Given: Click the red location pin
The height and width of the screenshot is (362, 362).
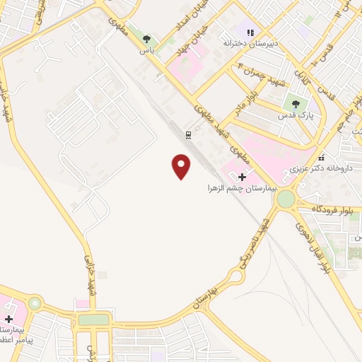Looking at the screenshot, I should click(182, 167).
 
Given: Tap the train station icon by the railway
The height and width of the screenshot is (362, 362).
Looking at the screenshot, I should click(189, 134).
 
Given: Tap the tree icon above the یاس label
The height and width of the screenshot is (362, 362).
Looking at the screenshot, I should click(146, 40).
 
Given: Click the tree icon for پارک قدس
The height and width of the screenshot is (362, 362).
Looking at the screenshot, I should click(296, 104).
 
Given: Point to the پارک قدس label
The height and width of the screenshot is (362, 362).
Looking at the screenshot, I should click(296, 115).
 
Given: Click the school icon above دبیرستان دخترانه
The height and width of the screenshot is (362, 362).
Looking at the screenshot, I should click(249, 32).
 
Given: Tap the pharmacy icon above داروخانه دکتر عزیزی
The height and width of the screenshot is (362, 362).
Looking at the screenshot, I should click(322, 158).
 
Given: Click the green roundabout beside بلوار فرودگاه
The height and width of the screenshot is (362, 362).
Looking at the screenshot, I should click(286, 199).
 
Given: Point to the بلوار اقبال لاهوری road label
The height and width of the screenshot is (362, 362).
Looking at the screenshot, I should click(312, 249).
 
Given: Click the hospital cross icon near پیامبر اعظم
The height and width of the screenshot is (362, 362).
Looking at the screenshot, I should click(8, 320).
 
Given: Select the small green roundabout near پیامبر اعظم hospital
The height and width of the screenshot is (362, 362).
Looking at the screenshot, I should click(33, 305).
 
